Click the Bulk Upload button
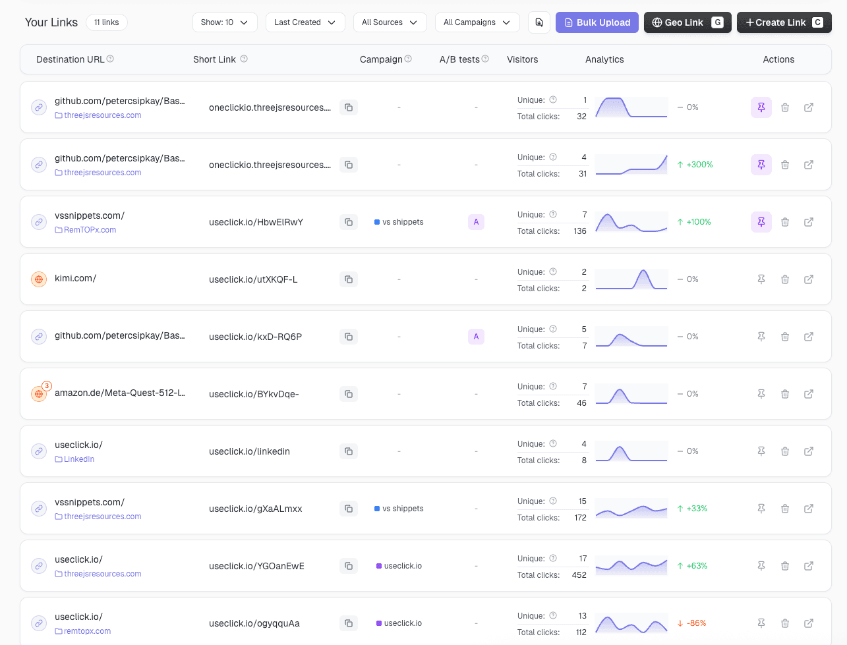(x=597, y=22)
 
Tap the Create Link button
(x=784, y=22)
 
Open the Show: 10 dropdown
(x=224, y=22)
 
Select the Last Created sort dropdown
(x=305, y=22)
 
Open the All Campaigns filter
(x=477, y=22)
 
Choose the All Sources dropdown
(x=390, y=22)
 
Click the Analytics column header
(x=604, y=59)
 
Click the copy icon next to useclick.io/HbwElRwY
(x=349, y=222)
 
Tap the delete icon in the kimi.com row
(x=785, y=279)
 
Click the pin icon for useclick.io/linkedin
(x=761, y=451)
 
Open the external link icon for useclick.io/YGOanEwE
(x=809, y=566)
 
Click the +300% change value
(x=699, y=165)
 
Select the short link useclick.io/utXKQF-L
(x=253, y=279)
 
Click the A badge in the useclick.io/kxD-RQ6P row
(x=476, y=337)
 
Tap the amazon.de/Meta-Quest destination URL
(x=119, y=393)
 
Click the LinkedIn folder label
(x=78, y=459)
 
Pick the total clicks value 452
(x=579, y=575)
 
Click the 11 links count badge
(x=106, y=22)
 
